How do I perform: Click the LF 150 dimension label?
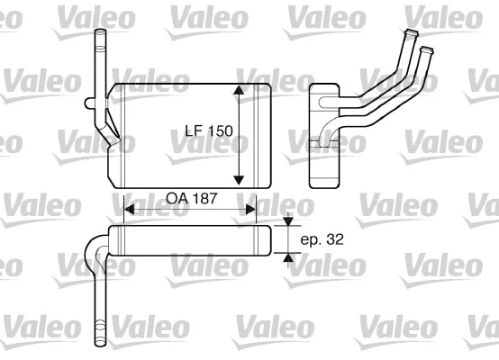203,131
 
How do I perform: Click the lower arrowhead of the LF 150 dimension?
240,177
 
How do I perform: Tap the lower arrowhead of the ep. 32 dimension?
288,257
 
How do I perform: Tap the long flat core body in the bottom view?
189,240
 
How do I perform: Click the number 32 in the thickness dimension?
336,240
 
